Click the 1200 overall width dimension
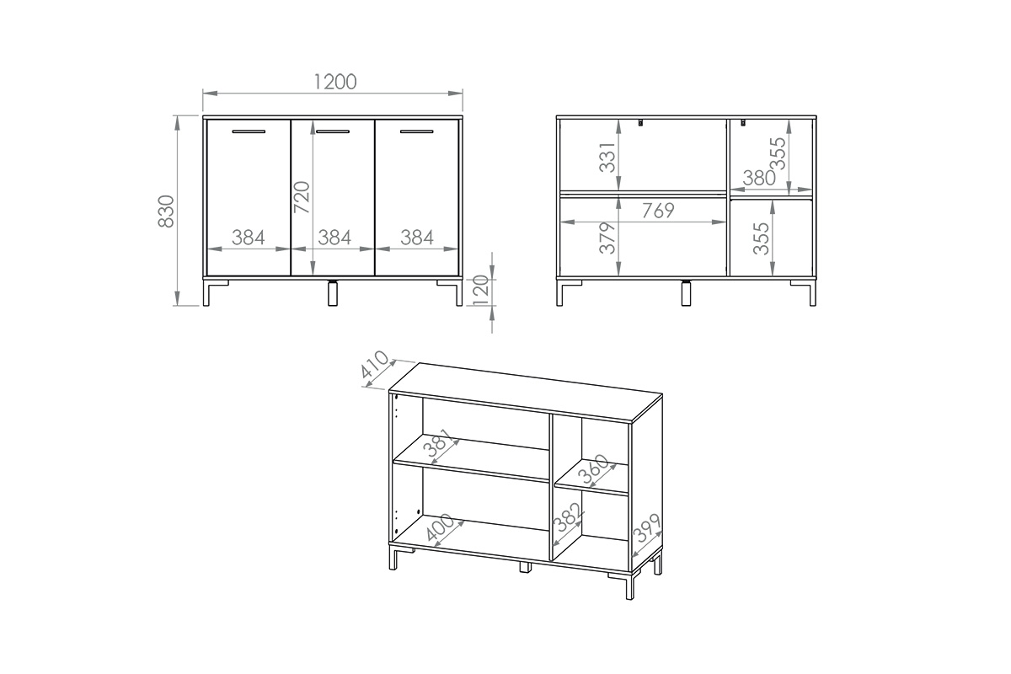pyautogui.click(x=334, y=81)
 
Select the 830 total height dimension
pyautogui.click(x=166, y=211)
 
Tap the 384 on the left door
pyautogui.click(x=249, y=238)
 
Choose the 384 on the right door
pyautogui.click(x=416, y=238)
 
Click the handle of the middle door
pyautogui.click(x=332, y=132)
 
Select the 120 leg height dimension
pyautogui.click(x=482, y=292)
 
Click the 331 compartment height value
pyautogui.click(x=609, y=158)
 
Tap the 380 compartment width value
pyautogui.click(x=759, y=178)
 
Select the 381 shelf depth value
pyautogui.click(x=440, y=447)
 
